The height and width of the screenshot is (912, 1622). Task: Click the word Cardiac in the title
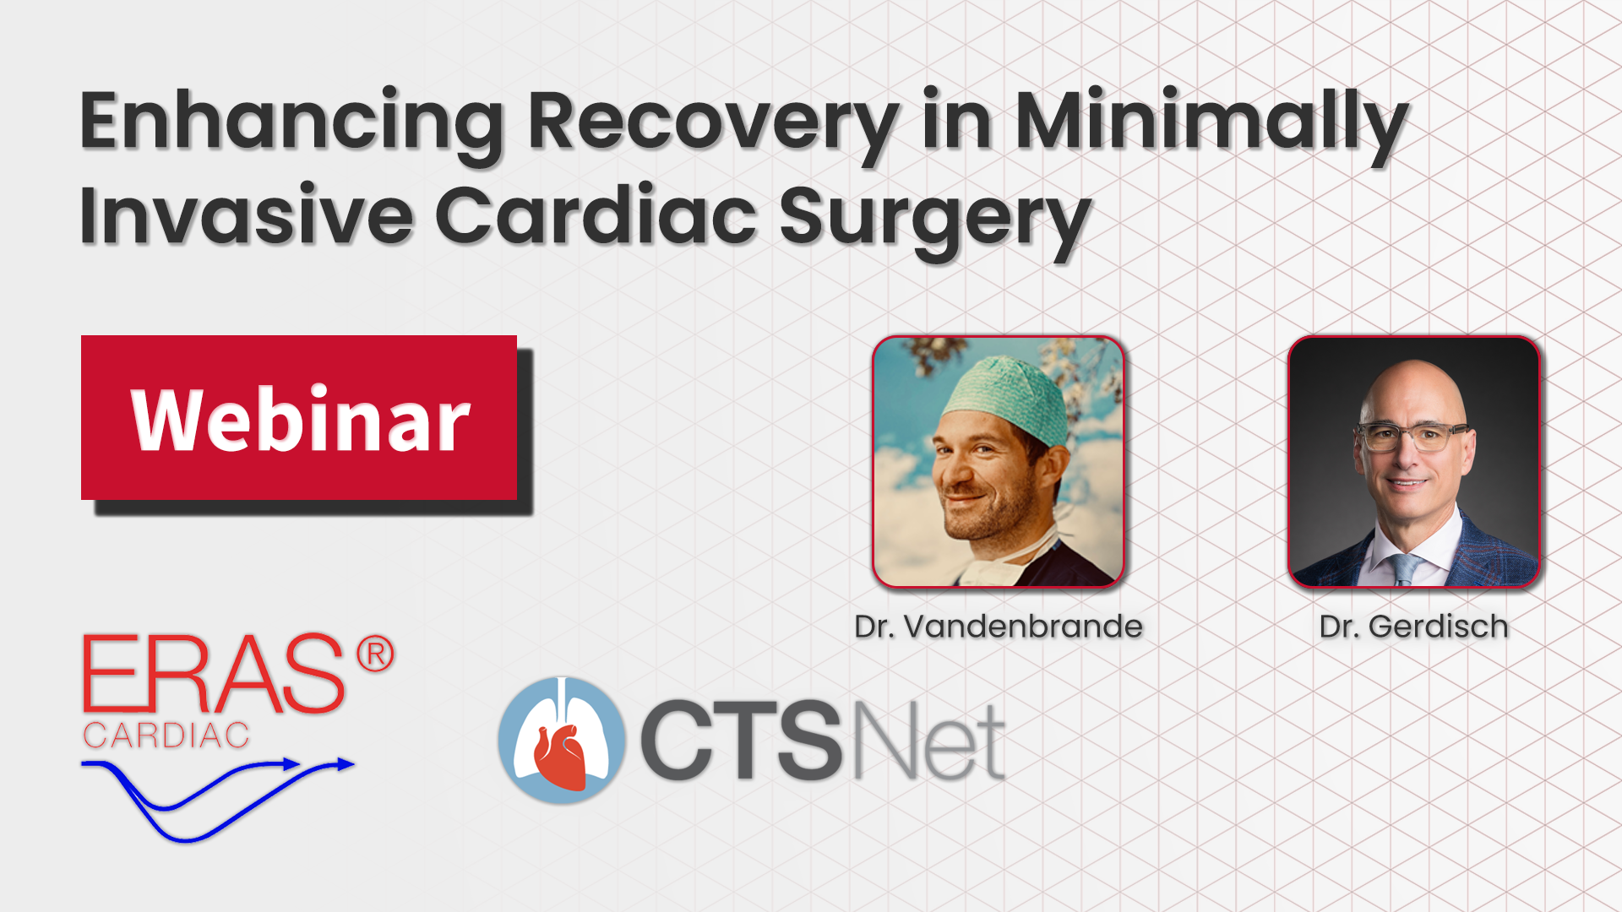tap(596, 214)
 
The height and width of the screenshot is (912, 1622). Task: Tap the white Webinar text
tap(301, 419)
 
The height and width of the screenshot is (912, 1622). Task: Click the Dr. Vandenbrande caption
tap(999, 627)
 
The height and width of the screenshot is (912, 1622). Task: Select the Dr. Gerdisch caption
tap(1414, 627)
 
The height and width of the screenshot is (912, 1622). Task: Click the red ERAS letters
tap(214, 674)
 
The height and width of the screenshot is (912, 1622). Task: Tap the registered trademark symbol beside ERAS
tap(375, 655)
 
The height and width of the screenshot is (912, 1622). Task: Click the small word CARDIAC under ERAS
tap(166, 736)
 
